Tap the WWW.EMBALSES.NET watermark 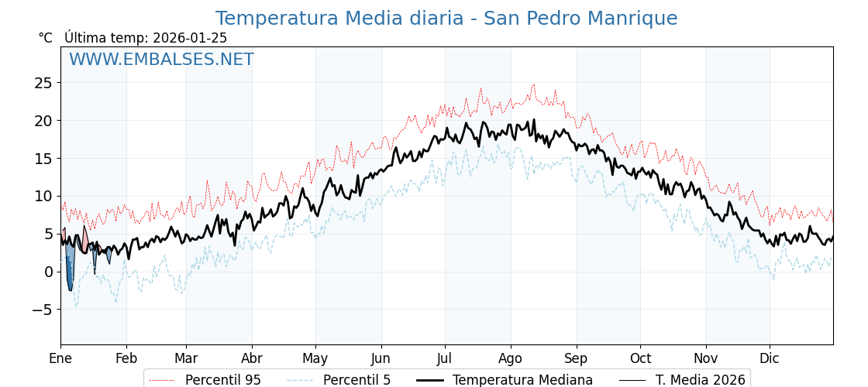(x=161, y=60)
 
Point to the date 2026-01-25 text (x=190, y=38)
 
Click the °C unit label (x=45, y=38)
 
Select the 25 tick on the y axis (x=43, y=83)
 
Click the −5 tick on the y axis (x=40, y=310)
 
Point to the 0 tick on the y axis (x=48, y=272)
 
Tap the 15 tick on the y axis (x=43, y=159)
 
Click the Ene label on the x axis (x=60, y=358)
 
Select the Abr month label (x=252, y=358)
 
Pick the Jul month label (x=445, y=358)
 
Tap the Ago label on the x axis (x=511, y=358)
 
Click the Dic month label (x=770, y=358)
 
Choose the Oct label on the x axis (x=640, y=358)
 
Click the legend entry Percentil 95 (x=222, y=380)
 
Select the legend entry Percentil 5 (x=356, y=380)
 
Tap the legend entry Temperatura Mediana (x=522, y=380)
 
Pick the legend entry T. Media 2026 (x=700, y=380)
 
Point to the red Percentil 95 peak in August (x=533, y=86)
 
